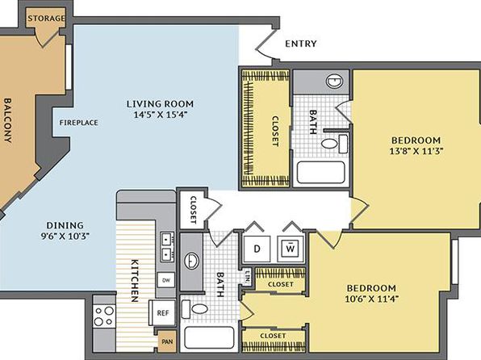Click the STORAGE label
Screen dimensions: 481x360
pos(46,19)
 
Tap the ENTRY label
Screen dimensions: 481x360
pos(300,44)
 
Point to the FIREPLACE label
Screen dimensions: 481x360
pos(79,123)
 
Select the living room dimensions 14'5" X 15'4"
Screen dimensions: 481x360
pos(161,115)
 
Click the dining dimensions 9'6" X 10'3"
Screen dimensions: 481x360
pos(65,237)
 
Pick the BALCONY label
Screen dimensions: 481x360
pos(8,120)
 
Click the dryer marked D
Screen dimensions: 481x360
pos(257,249)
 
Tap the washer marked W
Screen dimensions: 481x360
pos(291,249)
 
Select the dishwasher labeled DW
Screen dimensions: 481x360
pos(166,280)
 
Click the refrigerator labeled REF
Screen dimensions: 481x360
pos(162,312)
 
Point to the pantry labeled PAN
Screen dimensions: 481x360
pos(167,341)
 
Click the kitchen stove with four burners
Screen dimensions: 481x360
pos(104,316)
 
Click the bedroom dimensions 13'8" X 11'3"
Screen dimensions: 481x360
pos(416,151)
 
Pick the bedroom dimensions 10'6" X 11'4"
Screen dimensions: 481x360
pos(371,299)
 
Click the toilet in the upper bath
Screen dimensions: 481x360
pos(334,144)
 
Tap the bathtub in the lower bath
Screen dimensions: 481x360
pos(209,337)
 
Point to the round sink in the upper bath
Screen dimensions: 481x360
pos(334,82)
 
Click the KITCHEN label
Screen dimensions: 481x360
pos(135,281)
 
